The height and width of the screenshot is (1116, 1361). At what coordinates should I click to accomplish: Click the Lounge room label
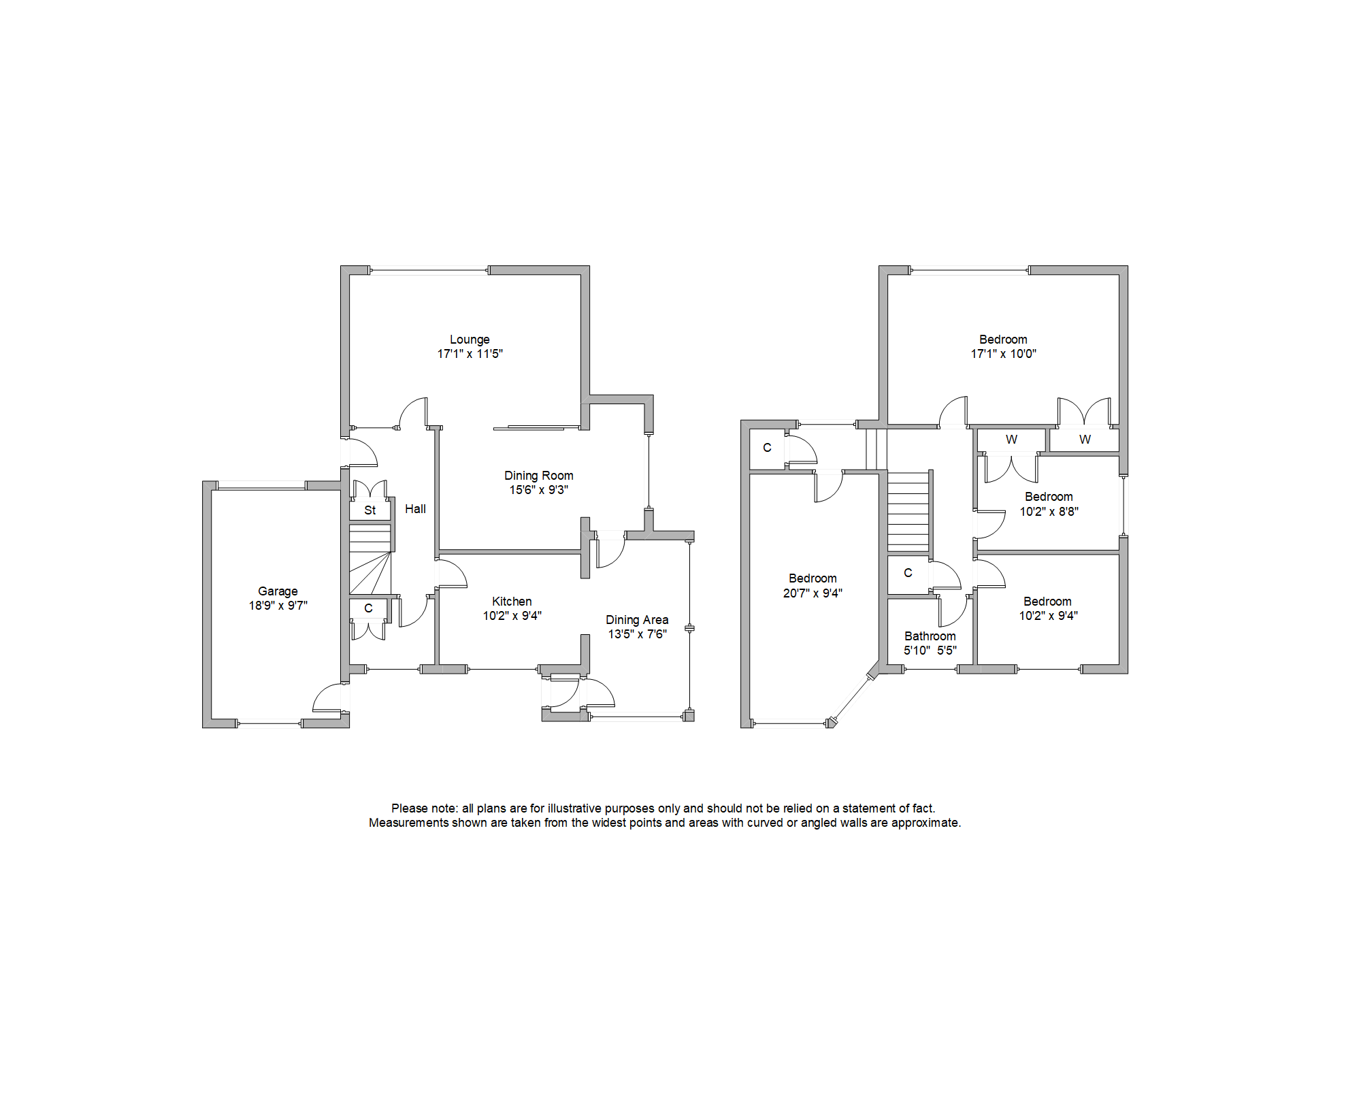click(470, 339)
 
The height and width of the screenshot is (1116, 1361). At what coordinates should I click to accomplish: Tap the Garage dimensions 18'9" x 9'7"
click(278, 606)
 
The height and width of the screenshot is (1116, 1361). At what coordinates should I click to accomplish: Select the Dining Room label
click(538, 475)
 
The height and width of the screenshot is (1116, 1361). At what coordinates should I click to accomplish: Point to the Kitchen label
click(512, 601)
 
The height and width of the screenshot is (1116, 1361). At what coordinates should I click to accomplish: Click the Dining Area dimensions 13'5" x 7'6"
click(637, 634)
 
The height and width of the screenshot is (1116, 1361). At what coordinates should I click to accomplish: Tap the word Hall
click(415, 508)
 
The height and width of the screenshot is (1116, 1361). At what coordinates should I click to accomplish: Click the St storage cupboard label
click(370, 510)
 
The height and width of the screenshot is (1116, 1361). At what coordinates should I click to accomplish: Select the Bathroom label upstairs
click(930, 636)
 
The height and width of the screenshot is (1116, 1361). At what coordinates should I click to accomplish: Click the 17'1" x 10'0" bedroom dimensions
click(1003, 354)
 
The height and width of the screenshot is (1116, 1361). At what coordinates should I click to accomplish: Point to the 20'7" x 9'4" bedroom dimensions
click(813, 593)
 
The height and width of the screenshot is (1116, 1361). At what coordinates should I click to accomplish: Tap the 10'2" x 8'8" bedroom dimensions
click(1049, 512)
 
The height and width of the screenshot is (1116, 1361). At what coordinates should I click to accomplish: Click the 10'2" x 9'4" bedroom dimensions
click(1048, 616)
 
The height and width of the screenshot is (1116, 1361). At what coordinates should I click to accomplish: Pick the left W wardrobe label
click(1011, 440)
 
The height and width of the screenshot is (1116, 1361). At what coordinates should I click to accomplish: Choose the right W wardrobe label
click(1085, 440)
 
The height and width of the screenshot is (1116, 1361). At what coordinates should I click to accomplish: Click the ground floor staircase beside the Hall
click(370, 558)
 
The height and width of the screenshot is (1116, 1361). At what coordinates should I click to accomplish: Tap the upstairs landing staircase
click(908, 510)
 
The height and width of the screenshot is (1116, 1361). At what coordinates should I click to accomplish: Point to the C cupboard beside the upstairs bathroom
click(908, 573)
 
